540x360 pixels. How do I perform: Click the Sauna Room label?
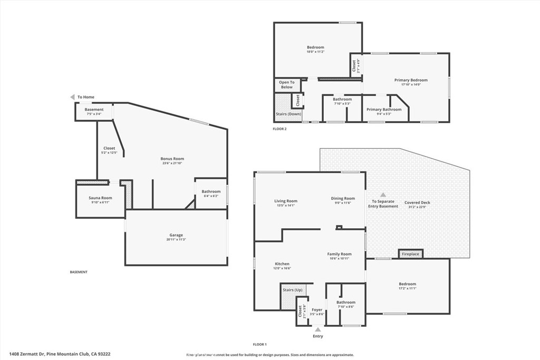(100, 198)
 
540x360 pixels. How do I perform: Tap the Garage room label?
(176, 235)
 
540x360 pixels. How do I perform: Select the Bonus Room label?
(172, 159)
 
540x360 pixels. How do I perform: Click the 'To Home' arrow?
(73, 97)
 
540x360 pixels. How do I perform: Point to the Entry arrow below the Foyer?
(317, 329)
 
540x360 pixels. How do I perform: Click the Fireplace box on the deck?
(410, 254)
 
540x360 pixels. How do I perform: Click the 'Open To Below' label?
(286, 84)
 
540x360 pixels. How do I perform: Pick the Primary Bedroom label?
(411, 80)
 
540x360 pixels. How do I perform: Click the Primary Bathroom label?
(384, 110)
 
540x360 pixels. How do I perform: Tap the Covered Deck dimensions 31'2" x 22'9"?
(417, 207)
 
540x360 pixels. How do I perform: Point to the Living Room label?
(285, 201)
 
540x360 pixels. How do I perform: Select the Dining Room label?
(343, 198)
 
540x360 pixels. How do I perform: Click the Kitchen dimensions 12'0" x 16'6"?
(282, 268)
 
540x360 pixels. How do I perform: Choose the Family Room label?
(339, 254)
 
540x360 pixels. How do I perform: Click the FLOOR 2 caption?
(279, 129)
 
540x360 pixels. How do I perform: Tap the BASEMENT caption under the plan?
(79, 272)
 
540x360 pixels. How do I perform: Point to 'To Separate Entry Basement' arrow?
(383, 194)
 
